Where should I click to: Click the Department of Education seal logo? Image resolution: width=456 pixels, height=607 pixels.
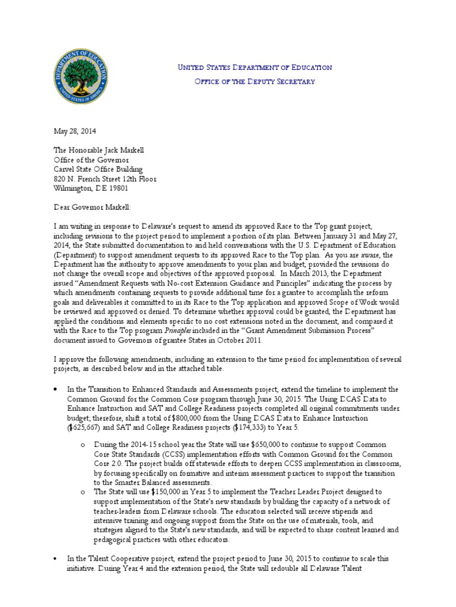(x=82, y=76)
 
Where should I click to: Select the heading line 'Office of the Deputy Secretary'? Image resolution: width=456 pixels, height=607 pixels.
(x=255, y=81)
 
